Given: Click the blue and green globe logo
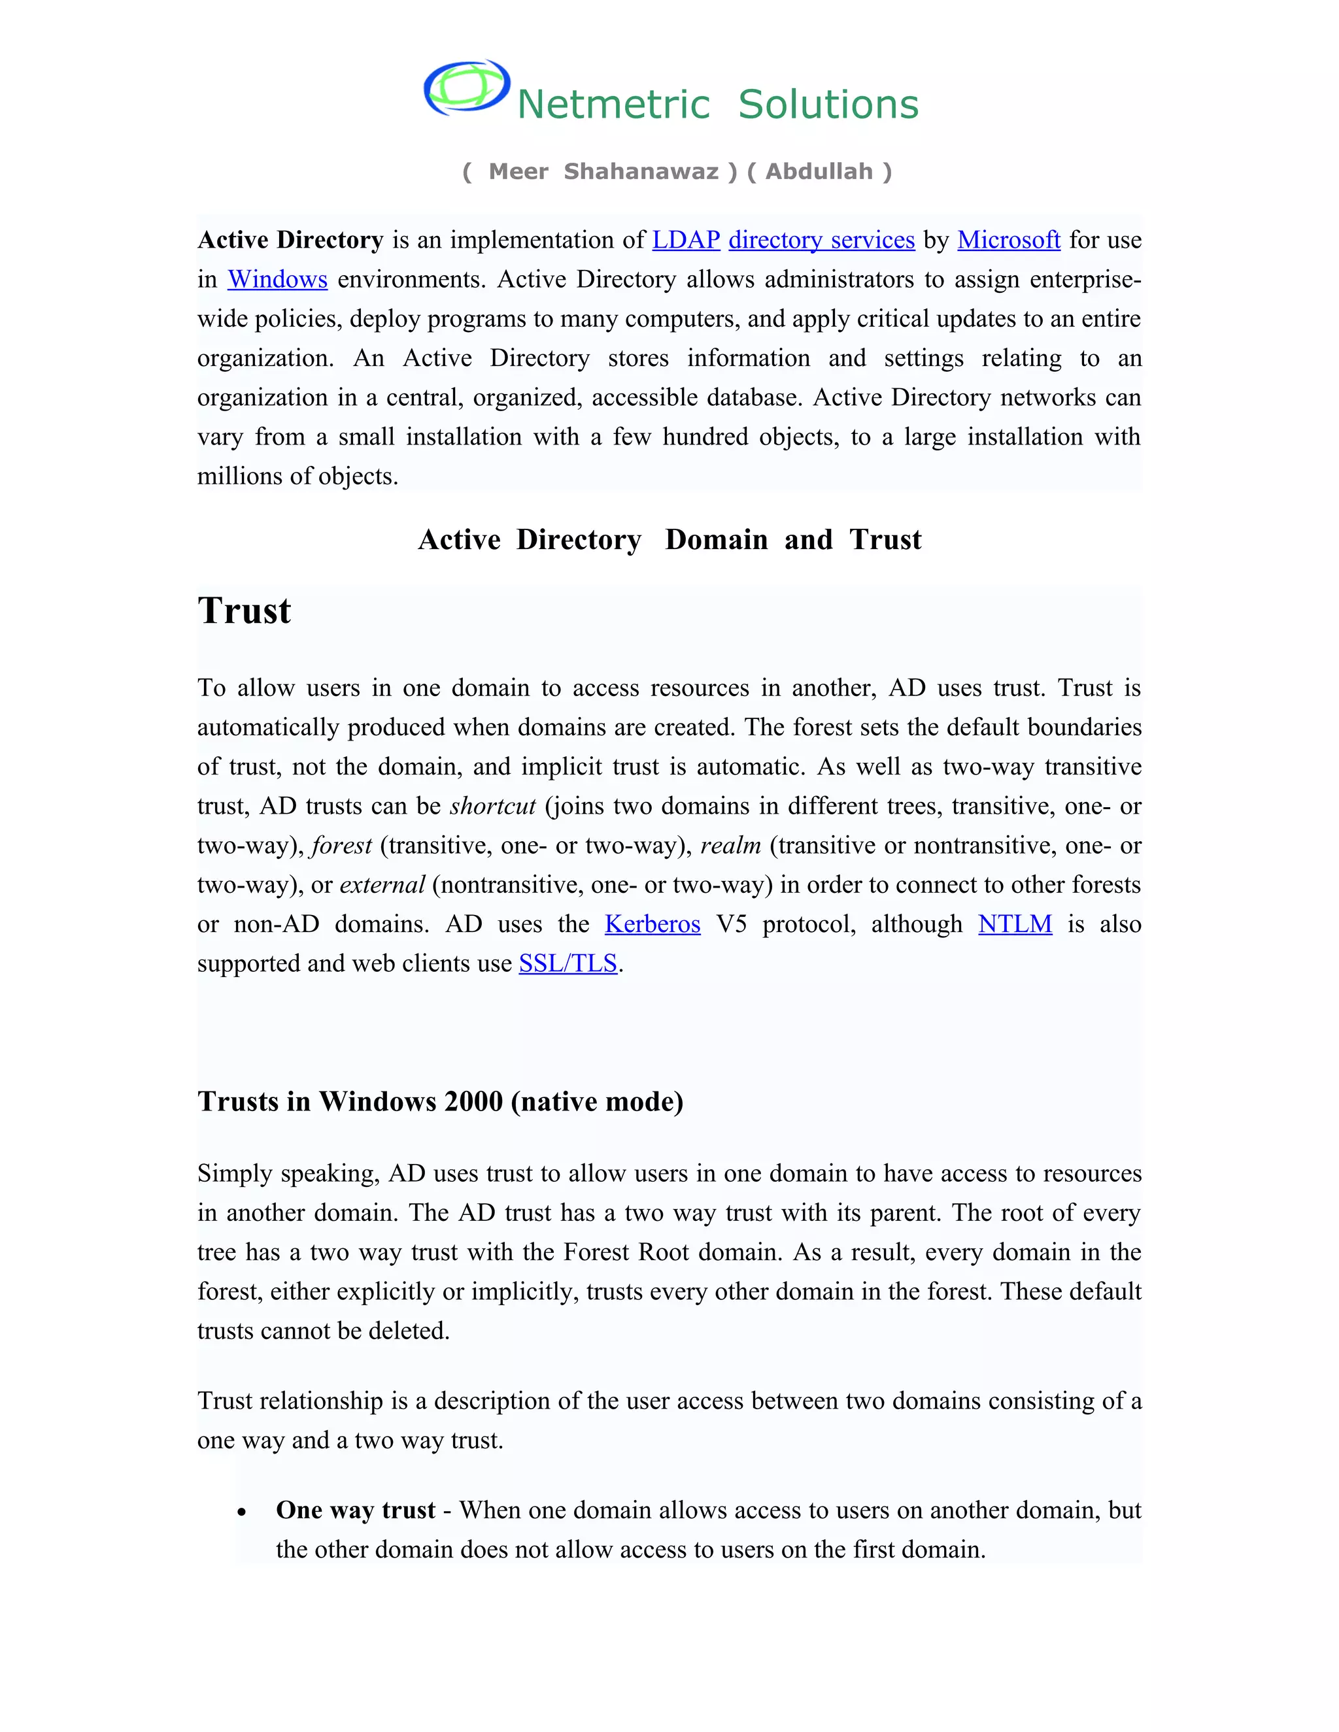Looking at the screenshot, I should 466,87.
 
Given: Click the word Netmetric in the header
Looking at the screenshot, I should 613,105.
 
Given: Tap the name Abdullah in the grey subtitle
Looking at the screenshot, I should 819,171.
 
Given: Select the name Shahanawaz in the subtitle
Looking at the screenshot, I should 641,171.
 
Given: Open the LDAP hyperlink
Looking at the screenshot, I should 685,239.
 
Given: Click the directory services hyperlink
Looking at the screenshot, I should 821,239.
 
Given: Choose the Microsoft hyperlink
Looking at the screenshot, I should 1008,239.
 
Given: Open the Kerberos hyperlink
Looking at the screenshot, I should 652,924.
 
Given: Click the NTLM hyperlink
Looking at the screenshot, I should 1015,924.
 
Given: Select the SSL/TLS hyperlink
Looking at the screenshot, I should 568,963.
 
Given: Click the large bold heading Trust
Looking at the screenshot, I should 245,610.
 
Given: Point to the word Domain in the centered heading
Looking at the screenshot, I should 715,539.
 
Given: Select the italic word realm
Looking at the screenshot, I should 730,845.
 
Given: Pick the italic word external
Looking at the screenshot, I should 382,884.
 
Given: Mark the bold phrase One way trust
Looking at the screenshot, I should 356,1510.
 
